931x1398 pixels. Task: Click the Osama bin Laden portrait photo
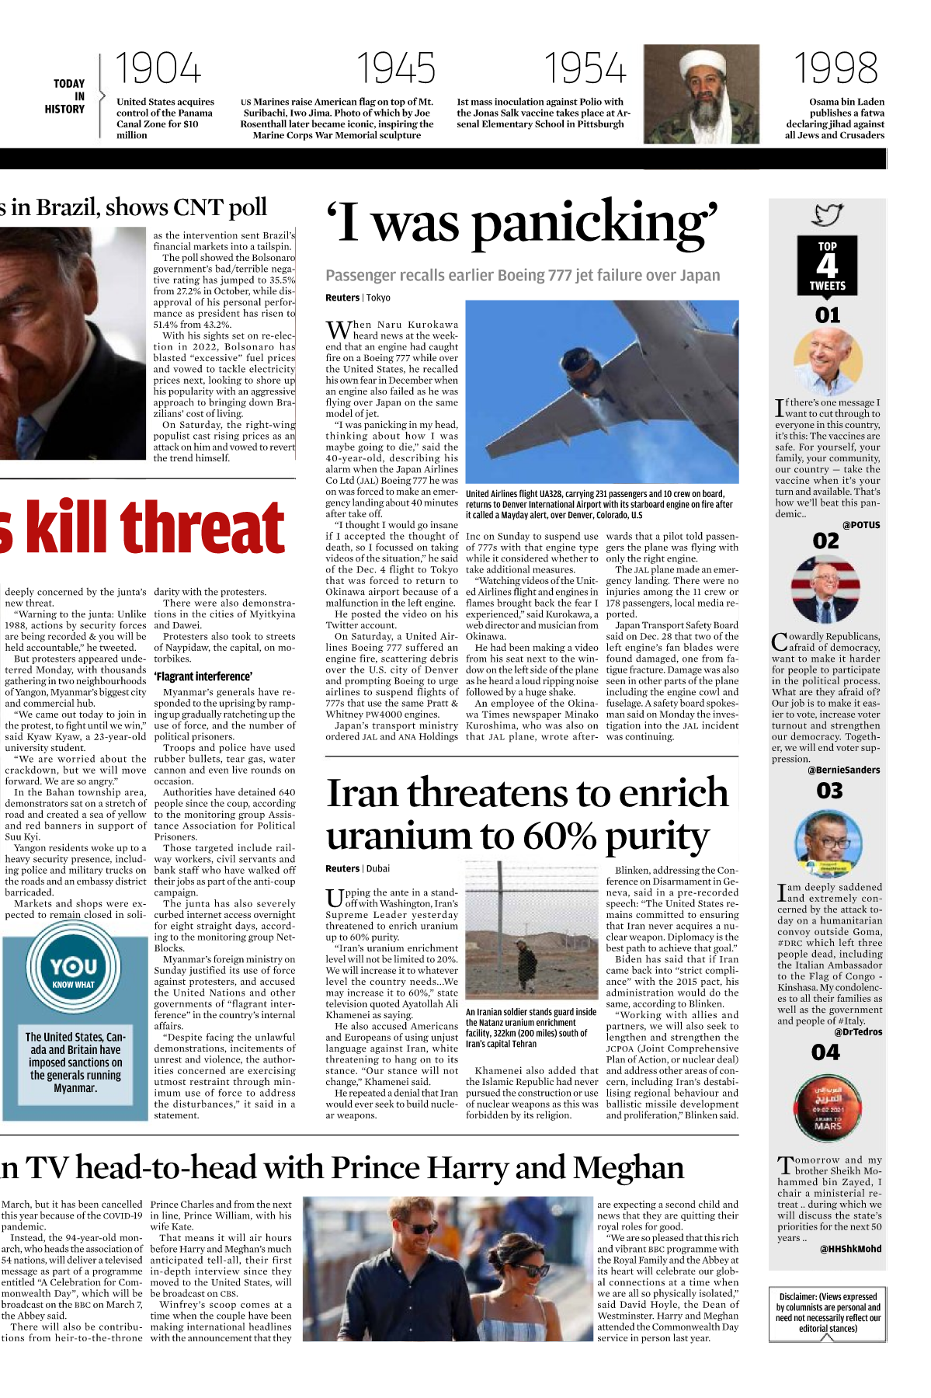coord(701,93)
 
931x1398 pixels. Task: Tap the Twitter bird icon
coord(828,214)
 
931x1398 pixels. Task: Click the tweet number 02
coord(826,541)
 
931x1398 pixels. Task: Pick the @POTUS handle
coord(861,525)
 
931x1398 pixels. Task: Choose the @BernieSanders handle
coord(843,770)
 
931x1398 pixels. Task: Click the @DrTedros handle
coord(858,1032)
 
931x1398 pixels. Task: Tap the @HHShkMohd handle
coord(850,1249)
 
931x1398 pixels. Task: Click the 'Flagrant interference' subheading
coord(203,676)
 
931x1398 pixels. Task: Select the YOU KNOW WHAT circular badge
coord(74,971)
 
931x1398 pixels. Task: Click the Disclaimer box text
coord(828,1313)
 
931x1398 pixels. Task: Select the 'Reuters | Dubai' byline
coord(357,869)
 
